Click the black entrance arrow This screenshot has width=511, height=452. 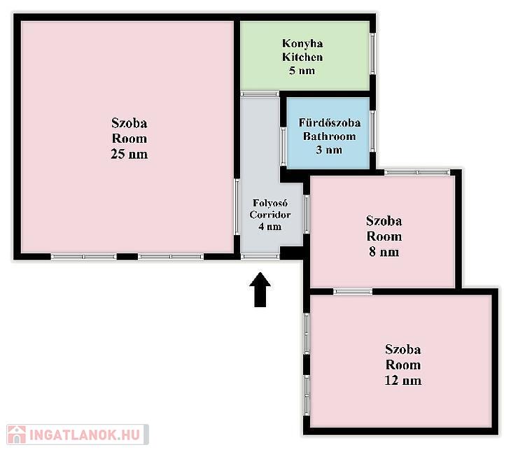click(x=260, y=290)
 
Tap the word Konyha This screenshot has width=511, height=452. click(x=302, y=43)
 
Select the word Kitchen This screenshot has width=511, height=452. click(x=302, y=57)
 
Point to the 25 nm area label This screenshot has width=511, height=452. click(x=129, y=154)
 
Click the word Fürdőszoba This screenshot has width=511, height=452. click(x=330, y=122)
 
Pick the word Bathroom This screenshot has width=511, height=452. click(x=330, y=136)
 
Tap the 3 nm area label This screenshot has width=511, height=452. click(x=329, y=150)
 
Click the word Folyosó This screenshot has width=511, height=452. click(x=270, y=203)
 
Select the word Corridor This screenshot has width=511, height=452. click(x=270, y=215)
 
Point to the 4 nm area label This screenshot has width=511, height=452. click(x=270, y=227)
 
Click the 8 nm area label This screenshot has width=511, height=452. click(x=384, y=252)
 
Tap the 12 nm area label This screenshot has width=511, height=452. click(x=402, y=381)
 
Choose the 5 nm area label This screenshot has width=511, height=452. click(x=302, y=71)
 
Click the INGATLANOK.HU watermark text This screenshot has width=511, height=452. click(x=85, y=435)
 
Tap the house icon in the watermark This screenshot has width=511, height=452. click(x=17, y=435)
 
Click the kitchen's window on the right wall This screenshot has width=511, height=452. click(x=373, y=54)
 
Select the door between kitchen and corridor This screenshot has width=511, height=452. click(x=260, y=94)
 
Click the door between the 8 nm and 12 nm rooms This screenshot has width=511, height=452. click(x=353, y=292)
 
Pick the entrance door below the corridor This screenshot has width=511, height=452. click(x=260, y=257)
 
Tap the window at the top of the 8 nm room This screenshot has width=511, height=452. click(x=417, y=172)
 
